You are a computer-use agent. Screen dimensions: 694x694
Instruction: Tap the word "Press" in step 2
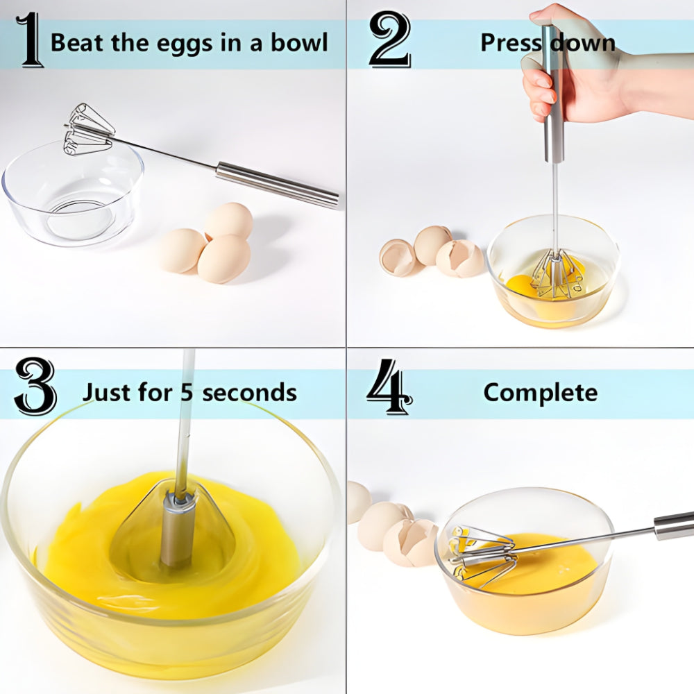click(512, 43)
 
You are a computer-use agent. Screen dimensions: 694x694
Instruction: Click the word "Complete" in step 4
click(540, 392)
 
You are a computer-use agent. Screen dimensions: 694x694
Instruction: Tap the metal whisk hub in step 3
click(178, 527)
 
